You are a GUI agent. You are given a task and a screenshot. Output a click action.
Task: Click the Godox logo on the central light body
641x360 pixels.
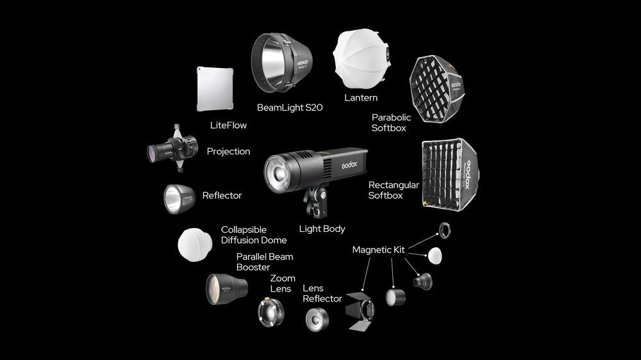tap(349, 165)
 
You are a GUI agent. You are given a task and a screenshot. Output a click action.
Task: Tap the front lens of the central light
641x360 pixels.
tap(279, 173)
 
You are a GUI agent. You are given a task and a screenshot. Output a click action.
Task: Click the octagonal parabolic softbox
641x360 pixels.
tap(437, 88)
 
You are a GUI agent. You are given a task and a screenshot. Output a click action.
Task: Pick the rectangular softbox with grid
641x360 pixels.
tap(450, 174)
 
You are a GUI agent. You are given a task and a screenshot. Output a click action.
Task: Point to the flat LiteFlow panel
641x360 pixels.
tap(215, 88)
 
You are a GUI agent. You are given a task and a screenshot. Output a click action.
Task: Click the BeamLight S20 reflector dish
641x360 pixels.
tap(281, 63)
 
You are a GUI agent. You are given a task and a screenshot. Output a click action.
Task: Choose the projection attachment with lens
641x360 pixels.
tap(173, 149)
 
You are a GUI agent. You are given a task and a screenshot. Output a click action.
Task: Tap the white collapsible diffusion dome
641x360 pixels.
tap(195, 245)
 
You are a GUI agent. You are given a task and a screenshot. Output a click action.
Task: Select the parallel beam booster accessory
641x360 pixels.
tap(226, 289)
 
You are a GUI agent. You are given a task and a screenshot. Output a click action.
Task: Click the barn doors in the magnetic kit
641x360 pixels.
tap(360, 311)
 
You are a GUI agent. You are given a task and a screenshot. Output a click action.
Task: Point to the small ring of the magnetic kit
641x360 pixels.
tap(445, 231)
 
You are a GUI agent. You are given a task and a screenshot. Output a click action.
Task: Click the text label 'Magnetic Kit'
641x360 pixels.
tap(379, 250)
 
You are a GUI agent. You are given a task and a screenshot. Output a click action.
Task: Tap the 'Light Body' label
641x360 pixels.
tap(322, 229)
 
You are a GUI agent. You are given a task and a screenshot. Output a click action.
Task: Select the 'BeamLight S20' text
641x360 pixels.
tap(290, 108)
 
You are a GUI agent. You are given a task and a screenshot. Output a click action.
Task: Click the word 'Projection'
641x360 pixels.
tap(229, 152)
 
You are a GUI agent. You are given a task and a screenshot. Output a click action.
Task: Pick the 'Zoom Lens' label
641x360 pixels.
tap(282, 284)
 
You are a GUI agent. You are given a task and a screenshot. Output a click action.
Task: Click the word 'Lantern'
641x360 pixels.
tap(361, 97)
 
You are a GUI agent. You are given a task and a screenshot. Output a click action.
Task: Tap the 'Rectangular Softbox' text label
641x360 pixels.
tap(394, 190)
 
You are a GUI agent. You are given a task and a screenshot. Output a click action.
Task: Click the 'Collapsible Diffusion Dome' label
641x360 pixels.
tap(254, 235)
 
